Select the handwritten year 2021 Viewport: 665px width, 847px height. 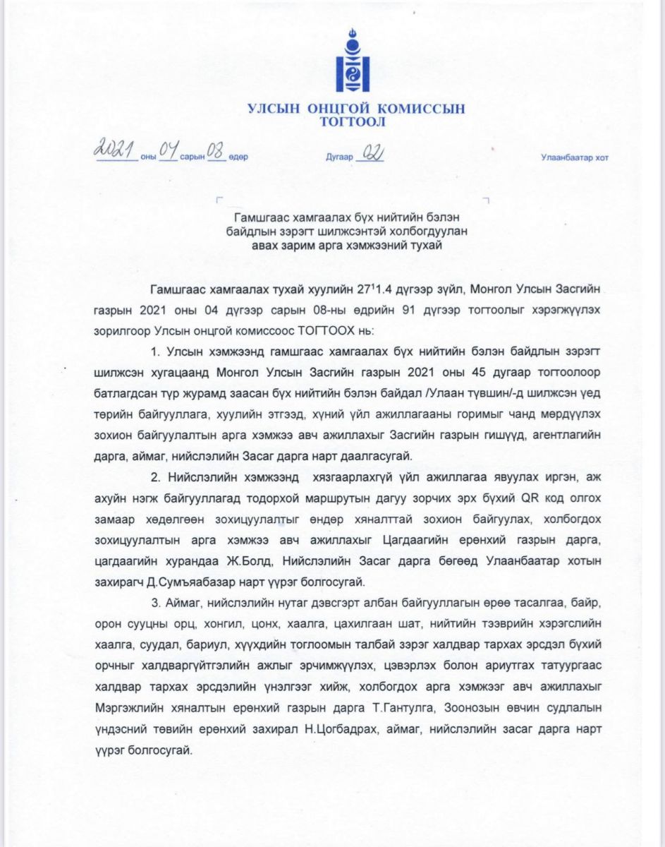coord(117,150)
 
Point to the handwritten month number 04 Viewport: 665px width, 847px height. coord(169,150)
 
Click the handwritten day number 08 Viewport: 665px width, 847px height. coord(215,151)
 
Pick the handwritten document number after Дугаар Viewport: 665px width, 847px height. coord(371,153)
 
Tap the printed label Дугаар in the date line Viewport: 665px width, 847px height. coord(339,157)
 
